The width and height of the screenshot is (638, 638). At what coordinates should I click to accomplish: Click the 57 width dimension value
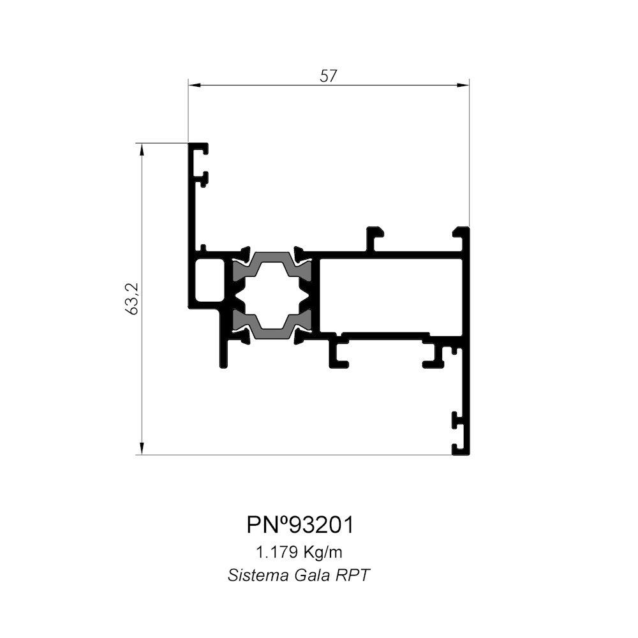point(329,76)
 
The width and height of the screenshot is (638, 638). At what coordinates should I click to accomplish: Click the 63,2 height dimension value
point(132,299)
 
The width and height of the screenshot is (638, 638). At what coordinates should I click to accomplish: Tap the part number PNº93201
point(300,525)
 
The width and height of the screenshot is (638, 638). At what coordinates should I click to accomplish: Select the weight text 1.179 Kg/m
point(299,553)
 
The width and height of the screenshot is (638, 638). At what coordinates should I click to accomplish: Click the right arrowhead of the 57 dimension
point(463,85)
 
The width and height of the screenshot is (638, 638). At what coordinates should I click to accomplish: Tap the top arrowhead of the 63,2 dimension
point(142,150)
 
